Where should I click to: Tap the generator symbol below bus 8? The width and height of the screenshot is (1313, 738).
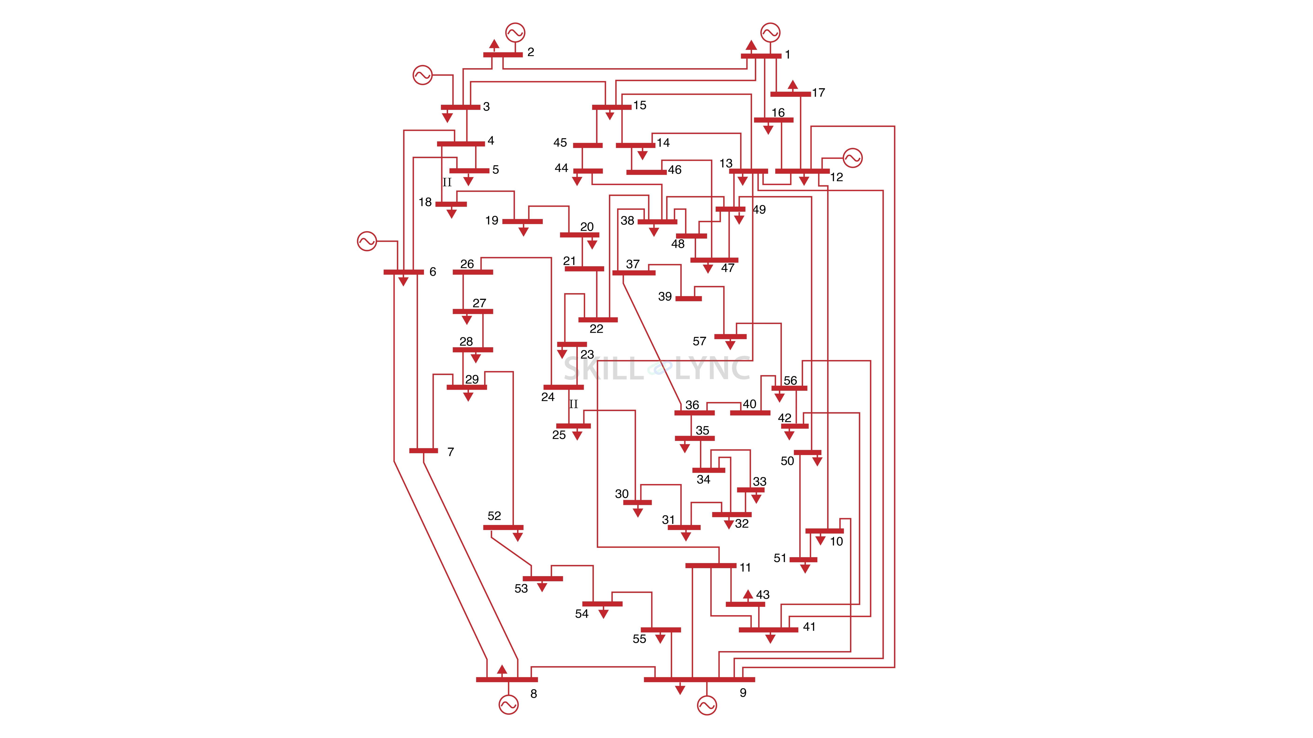(508, 705)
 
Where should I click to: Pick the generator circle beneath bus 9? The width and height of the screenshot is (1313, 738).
(706, 705)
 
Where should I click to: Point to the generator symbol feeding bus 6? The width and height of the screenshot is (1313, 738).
(367, 241)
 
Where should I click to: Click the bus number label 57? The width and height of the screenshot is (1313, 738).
(699, 341)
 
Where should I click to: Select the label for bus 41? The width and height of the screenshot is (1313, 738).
(809, 627)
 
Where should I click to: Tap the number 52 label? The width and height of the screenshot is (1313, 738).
(494, 516)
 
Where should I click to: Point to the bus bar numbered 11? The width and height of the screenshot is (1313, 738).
(710, 565)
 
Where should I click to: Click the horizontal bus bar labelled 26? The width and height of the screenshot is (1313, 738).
(472, 272)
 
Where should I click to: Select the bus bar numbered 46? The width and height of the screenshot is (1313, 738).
(646, 172)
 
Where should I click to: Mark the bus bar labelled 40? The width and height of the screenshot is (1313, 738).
(750, 413)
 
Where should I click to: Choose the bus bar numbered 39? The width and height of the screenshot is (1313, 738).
(688, 298)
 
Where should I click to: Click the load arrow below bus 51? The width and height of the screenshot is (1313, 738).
(805, 568)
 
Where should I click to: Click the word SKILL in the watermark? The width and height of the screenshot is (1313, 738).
(604, 368)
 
